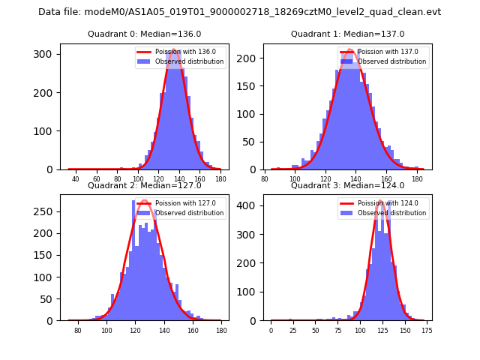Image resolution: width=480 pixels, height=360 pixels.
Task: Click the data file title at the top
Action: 239,12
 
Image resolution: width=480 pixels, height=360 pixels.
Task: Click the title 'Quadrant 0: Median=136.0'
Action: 144,34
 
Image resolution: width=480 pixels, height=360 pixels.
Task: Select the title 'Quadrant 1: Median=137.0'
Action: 347,34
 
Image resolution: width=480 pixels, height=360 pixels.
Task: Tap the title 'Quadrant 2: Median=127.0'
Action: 144,185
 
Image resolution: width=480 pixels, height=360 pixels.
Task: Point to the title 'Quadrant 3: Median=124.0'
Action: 347,185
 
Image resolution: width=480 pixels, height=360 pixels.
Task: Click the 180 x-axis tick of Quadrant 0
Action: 220,178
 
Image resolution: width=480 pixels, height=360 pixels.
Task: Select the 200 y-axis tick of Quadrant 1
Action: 249,58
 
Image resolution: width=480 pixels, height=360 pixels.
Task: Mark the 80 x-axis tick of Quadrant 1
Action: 265,178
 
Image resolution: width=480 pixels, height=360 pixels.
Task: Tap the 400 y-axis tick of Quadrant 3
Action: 249,205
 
